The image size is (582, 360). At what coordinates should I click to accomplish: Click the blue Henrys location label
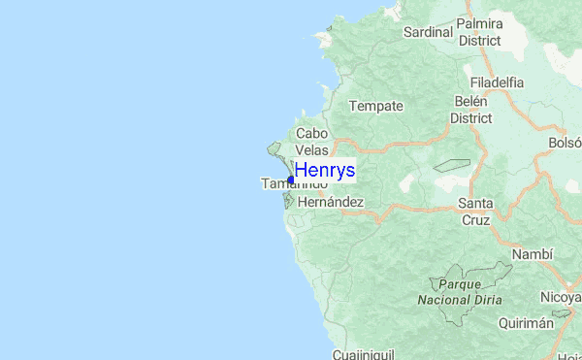tap(324, 171)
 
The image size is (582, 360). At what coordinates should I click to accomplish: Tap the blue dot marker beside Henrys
tap(291, 180)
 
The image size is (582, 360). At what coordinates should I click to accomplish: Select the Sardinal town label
tap(429, 31)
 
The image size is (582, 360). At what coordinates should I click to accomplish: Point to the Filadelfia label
tap(496, 82)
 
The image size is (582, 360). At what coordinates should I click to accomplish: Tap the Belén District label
tap(471, 109)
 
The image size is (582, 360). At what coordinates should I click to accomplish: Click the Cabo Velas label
tap(312, 142)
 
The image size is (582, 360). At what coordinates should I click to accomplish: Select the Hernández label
tap(331, 202)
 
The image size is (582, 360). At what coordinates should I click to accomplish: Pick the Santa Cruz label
tap(475, 212)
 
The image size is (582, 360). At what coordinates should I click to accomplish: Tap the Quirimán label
tap(527, 324)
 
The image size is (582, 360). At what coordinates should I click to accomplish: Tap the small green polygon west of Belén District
tap(451, 166)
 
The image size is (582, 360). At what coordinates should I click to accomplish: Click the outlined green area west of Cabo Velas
tap(275, 149)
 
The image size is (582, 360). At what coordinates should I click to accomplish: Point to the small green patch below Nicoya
tap(562, 314)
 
